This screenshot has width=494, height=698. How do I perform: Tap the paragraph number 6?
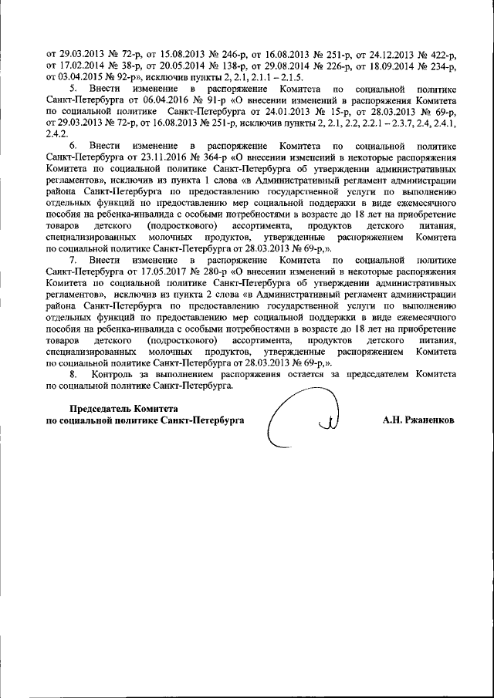pos(73,145)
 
